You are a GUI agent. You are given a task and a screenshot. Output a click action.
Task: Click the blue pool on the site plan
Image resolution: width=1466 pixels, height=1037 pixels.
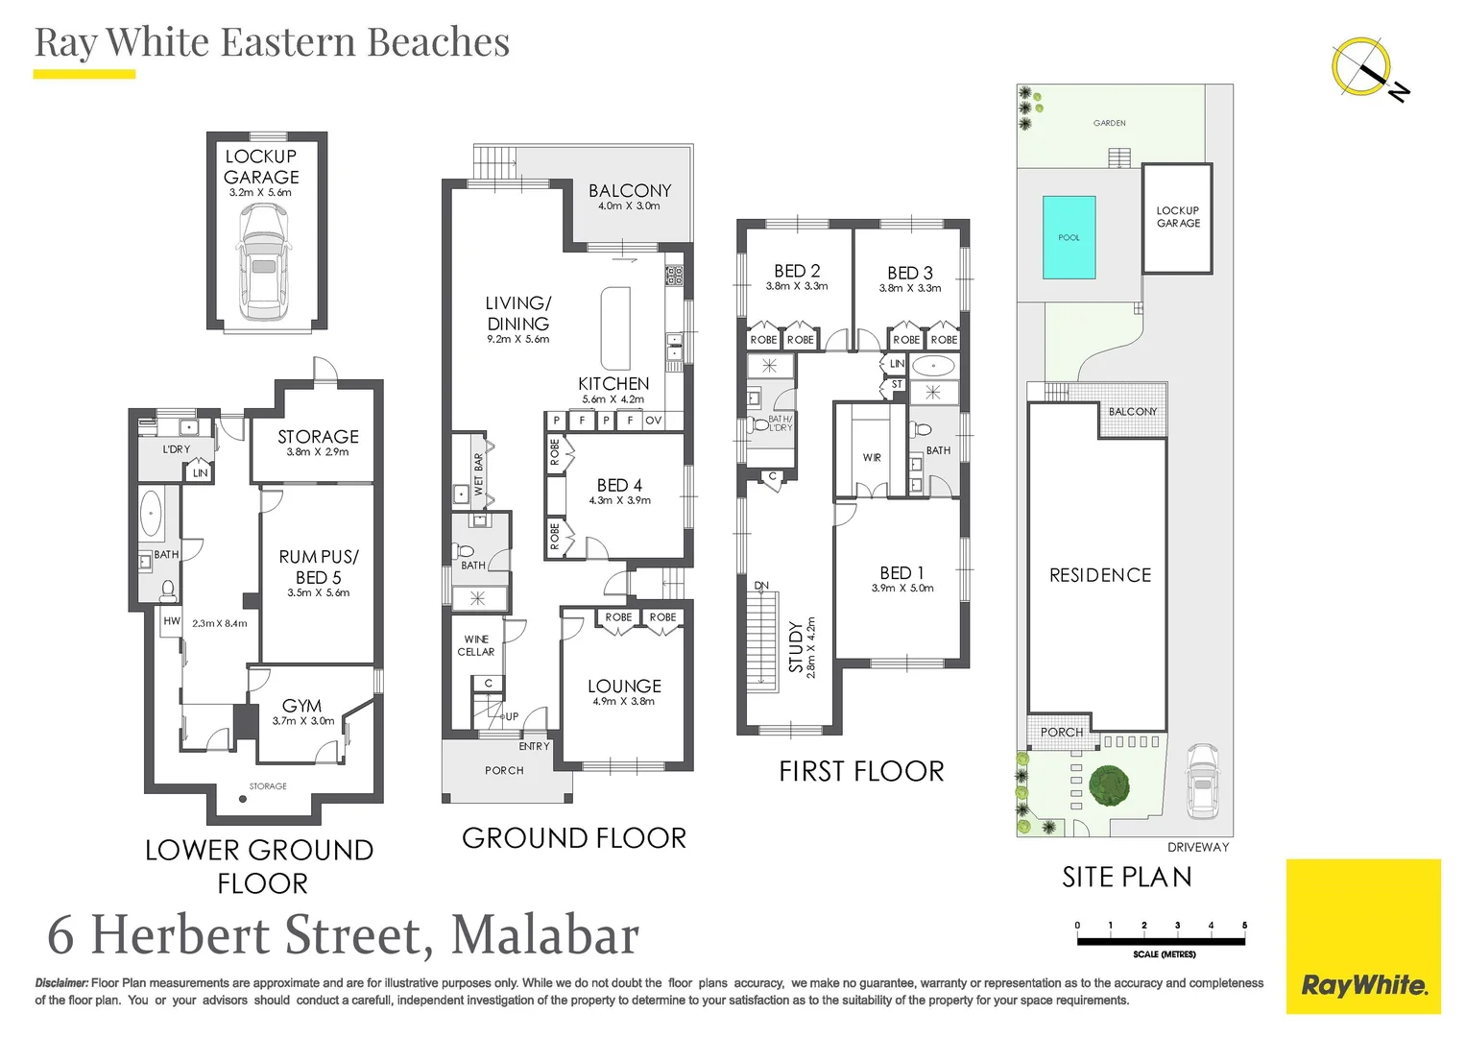(x=1069, y=237)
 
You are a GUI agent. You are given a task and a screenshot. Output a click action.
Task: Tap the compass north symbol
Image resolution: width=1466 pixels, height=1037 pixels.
(x=1363, y=68)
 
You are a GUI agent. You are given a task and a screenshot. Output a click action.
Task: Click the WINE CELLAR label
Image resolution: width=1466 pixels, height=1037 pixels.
(x=476, y=645)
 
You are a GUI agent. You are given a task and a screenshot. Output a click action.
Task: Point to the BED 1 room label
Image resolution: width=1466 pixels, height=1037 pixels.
(x=901, y=573)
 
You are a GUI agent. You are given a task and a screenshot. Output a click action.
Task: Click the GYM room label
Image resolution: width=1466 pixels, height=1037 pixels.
(x=301, y=706)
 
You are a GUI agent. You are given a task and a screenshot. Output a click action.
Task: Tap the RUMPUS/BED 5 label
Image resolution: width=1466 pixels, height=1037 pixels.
(x=318, y=567)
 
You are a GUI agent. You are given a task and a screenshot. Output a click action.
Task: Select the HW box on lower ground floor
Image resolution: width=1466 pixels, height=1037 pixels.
(x=172, y=621)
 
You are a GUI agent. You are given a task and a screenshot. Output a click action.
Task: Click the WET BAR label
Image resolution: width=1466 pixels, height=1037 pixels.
(x=478, y=474)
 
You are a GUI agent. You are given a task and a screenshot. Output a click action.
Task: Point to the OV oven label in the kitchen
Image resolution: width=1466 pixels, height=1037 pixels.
(x=653, y=421)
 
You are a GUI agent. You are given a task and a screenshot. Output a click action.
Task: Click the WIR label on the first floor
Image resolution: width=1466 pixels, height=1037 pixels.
(x=872, y=458)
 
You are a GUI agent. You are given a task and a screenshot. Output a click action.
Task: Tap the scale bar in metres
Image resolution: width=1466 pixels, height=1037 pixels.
(x=1162, y=941)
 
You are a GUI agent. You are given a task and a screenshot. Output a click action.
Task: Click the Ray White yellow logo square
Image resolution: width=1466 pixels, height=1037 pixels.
(x=1363, y=936)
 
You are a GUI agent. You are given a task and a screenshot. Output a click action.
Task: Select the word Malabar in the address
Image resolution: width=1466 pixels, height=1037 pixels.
(x=544, y=936)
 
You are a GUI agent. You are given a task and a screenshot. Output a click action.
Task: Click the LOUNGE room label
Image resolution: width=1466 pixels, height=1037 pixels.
(x=624, y=687)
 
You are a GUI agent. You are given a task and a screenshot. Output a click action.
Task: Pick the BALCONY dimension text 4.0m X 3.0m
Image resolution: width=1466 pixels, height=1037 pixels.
(x=629, y=206)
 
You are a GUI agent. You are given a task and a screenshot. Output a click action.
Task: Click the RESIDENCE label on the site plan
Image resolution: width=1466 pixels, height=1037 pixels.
(x=1100, y=575)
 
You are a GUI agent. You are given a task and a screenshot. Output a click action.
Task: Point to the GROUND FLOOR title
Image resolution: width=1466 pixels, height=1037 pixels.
(x=574, y=838)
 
